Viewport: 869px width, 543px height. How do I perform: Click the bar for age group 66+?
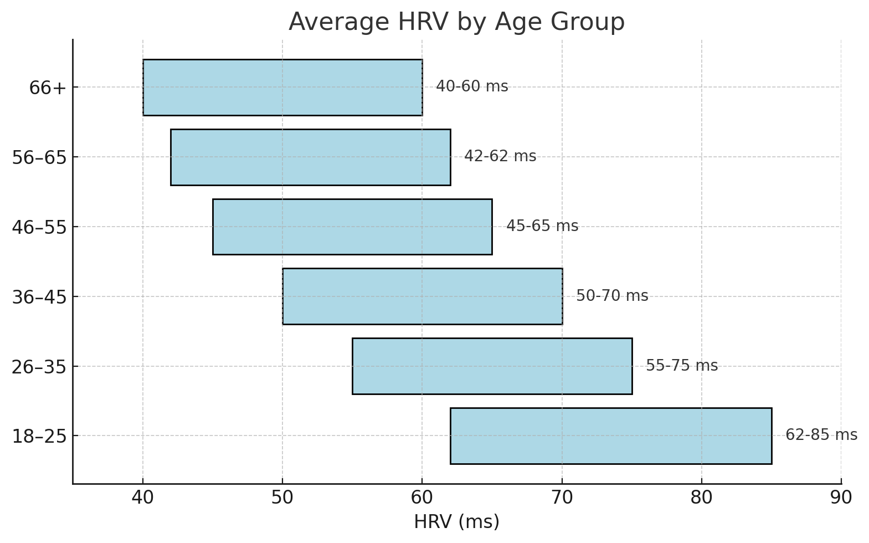coord(282,88)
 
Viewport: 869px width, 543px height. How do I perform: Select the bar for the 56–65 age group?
coord(310,157)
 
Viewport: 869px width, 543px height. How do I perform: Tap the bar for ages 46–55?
coord(352,227)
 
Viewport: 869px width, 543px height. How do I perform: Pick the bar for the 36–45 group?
coord(422,296)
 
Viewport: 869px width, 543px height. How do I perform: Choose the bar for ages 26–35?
coord(492,366)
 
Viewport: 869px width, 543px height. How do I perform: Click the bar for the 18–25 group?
coord(610,436)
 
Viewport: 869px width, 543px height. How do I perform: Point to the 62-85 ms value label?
coord(821,435)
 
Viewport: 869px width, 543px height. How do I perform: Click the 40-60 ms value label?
coord(472,86)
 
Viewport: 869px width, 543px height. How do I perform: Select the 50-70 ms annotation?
coord(612,296)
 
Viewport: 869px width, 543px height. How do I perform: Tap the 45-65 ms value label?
coord(542,226)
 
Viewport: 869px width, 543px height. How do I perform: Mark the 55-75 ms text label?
coord(682,366)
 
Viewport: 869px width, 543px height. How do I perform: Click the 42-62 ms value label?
coord(500,156)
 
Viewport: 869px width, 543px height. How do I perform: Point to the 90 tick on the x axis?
coord(841,498)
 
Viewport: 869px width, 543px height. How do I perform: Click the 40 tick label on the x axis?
coord(143,498)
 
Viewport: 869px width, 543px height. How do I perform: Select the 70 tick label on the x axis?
coord(562,498)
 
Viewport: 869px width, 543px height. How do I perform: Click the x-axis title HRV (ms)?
coord(456,522)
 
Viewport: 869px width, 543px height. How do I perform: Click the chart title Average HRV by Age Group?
coord(456,22)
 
